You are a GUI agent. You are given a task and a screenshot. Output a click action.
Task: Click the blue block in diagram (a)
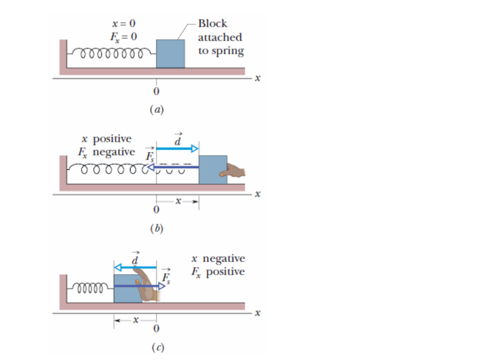170,54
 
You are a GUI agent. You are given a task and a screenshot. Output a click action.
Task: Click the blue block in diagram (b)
213,169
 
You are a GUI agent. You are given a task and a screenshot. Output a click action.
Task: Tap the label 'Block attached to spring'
220,37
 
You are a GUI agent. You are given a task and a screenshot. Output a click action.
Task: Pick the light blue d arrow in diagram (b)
177,149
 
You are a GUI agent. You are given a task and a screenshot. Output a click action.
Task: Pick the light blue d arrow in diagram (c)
135,268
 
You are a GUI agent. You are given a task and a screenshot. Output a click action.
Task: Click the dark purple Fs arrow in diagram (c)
139,286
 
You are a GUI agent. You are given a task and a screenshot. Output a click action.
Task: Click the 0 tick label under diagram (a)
156,91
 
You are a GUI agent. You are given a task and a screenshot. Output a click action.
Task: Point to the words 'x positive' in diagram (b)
106,139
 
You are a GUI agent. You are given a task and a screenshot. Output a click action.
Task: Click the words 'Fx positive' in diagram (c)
218,272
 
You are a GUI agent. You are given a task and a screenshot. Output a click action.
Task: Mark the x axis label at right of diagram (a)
257,78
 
